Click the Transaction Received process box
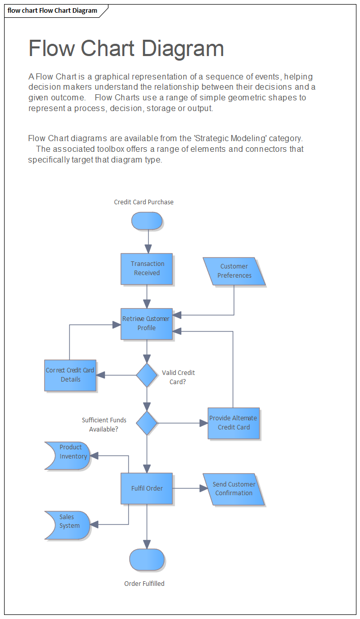click(x=147, y=268)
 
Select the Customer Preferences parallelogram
click(x=234, y=271)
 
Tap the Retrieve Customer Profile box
click(x=147, y=324)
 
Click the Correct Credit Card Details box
click(x=70, y=375)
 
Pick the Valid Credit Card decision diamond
click(x=147, y=375)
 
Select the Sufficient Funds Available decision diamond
click(x=147, y=423)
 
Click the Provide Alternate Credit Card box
click(x=234, y=423)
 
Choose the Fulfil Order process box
click(x=147, y=489)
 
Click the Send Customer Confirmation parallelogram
click(x=234, y=489)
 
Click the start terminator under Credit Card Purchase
click(x=147, y=221)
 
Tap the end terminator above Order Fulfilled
click(x=147, y=559)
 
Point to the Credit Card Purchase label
click(x=144, y=202)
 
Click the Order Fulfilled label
click(x=144, y=584)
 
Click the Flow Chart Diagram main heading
click(x=126, y=48)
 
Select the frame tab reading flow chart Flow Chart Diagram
click(x=52, y=11)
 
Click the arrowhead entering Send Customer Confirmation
click(x=204, y=489)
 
